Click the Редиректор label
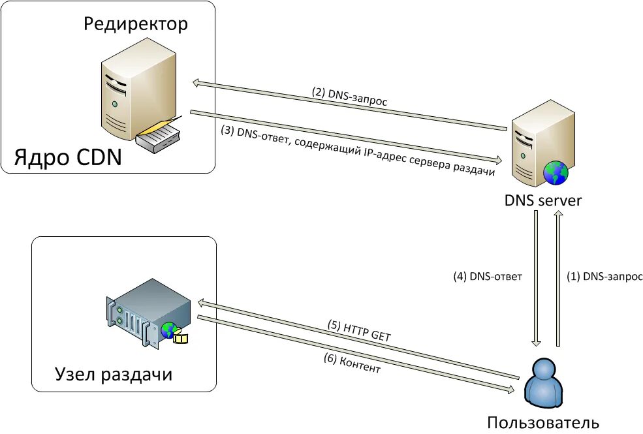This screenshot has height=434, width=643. pos(136,25)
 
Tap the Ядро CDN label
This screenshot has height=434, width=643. pos(68,157)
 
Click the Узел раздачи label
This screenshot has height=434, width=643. pos(113,375)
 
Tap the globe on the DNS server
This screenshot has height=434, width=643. pos(556,174)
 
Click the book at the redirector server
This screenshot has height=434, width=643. pos(160,136)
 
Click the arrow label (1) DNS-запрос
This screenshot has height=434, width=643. pos(604,276)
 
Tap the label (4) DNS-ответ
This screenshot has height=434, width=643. pos(488,276)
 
